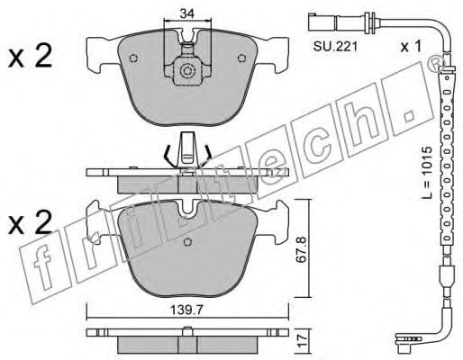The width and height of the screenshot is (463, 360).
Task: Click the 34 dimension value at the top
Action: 187,13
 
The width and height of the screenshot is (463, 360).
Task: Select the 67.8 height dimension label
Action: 302,249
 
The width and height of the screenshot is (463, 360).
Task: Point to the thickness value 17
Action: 304,341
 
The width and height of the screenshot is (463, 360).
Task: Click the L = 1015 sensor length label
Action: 426,173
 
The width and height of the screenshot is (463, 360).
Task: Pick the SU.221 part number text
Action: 335,47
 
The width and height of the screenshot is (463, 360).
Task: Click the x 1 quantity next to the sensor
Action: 411,47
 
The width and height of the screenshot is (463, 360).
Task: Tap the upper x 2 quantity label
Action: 30,56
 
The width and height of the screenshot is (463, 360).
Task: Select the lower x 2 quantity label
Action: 30,222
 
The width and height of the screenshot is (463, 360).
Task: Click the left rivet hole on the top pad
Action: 133,58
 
